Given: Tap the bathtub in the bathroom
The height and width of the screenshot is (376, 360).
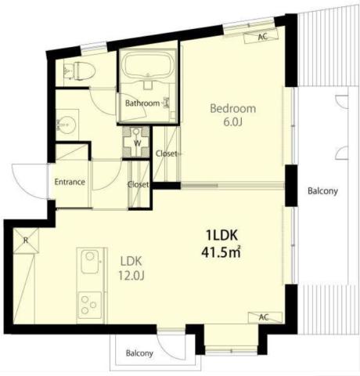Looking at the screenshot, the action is click(x=148, y=64).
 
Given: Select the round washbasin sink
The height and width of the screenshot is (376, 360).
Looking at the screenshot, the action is click(x=67, y=125).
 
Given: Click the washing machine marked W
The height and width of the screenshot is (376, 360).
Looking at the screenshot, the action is click(x=136, y=142).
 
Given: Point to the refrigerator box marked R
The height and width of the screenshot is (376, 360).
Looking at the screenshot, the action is click(x=26, y=240).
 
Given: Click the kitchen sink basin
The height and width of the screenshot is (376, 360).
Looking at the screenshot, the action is click(x=90, y=262).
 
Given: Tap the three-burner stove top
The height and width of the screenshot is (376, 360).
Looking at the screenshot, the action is click(x=90, y=305).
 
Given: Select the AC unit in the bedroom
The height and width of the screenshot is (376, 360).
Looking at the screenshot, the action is click(x=261, y=36).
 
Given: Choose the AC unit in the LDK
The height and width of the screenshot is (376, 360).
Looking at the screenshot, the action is click(x=265, y=317).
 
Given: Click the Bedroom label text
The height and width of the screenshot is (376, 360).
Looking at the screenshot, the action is click(x=232, y=109).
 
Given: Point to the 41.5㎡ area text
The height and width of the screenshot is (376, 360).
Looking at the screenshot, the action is click(x=221, y=252).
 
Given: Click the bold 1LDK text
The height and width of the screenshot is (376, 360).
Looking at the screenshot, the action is click(x=221, y=235).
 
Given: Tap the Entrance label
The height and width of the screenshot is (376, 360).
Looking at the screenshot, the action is click(x=70, y=182).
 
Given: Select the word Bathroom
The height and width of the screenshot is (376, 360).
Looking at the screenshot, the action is click(x=142, y=103).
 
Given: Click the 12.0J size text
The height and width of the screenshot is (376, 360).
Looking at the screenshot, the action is click(x=131, y=275).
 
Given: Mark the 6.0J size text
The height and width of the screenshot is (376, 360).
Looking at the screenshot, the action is click(x=233, y=122).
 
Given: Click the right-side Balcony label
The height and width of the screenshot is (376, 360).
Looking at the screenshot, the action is click(x=322, y=191).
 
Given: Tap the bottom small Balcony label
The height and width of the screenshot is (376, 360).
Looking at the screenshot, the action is click(x=139, y=353).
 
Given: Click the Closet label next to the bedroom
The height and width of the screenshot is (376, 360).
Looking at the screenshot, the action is click(x=166, y=154).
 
